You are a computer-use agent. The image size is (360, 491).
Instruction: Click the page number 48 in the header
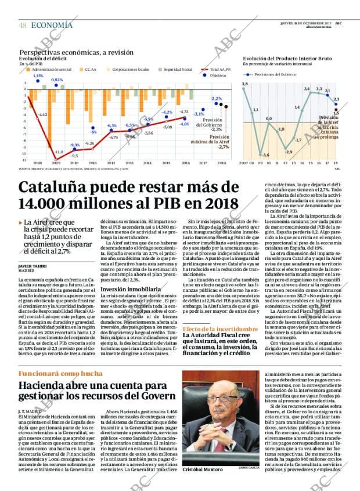pyautogui.click(x=22, y=25)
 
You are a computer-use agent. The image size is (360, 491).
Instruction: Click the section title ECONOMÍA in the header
pyautogui.click(x=52, y=25)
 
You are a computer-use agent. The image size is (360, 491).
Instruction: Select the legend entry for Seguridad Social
pyautogui.click(x=178, y=69)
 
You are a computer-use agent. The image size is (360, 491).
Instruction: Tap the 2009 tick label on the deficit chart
pyautogui.click(x=57, y=163)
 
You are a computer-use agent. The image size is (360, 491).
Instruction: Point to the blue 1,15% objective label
pyautogui.click(x=38, y=76)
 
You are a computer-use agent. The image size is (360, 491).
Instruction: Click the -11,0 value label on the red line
pyautogui.click(x=59, y=152)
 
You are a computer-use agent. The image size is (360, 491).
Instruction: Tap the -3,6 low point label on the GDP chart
pyautogui.click(x=265, y=155)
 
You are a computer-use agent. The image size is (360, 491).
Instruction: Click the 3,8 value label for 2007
pyautogui.click(x=244, y=85)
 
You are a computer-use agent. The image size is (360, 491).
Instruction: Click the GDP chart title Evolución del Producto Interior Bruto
pyautogui.click(x=287, y=59)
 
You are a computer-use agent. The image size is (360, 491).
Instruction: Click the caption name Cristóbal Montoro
pyautogui.click(x=203, y=469)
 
